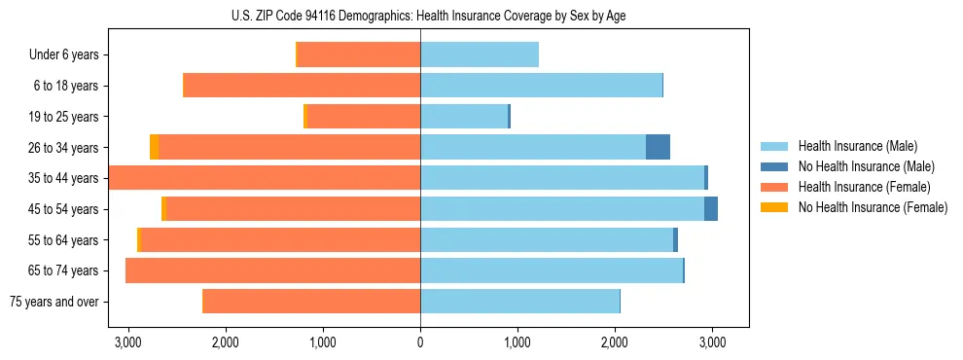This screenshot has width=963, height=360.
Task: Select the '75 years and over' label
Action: (53, 302)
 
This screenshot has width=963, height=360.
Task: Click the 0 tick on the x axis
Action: (420, 342)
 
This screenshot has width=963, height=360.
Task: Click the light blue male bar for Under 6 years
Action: (479, 55)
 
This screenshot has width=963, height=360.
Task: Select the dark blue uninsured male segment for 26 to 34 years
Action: (658, 147)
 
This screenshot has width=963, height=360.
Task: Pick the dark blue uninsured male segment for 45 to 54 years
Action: (711, 209)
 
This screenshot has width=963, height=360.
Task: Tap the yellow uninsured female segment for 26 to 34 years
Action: (155, 147)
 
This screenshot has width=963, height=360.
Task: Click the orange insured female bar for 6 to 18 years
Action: (302, 86)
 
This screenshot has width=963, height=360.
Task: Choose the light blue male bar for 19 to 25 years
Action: (464, 117)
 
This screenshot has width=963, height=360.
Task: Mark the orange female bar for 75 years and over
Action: (311, 302)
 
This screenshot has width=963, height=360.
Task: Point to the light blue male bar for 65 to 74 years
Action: (552, 270)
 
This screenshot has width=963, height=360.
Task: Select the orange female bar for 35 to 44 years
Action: (265, 178)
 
